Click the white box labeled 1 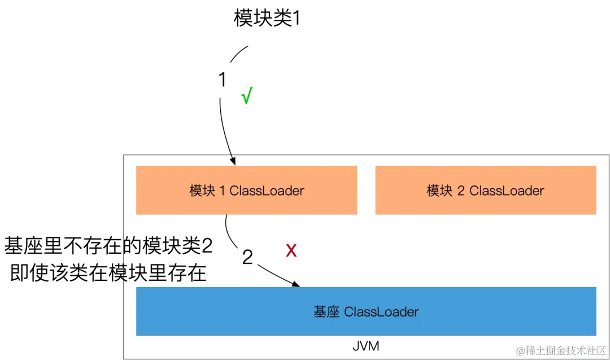click(x=223, y=79)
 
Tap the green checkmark click(x=246, y=96)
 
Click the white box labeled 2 click(x=247, y=258)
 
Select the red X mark click(x=291, y=250)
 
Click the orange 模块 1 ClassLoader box click(x=248, y=190)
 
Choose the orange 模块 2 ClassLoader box click(x=485, y=190)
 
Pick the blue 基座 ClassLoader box click(x=366, y=311)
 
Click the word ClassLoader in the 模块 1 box click(x=267, y=190)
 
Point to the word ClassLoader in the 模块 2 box click(x=506, y=190)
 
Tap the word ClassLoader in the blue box click(x=381, y=312)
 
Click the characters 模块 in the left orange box click(x=202, y=190)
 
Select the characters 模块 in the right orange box click(x=439, y=190)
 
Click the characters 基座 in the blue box click(x=326, y=312)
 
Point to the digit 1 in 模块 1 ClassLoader click(x=222, y=190)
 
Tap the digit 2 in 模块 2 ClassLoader click(x=461, y=190)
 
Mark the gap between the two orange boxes click(x=368, y=190)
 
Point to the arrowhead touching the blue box click(x=295, y=284)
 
